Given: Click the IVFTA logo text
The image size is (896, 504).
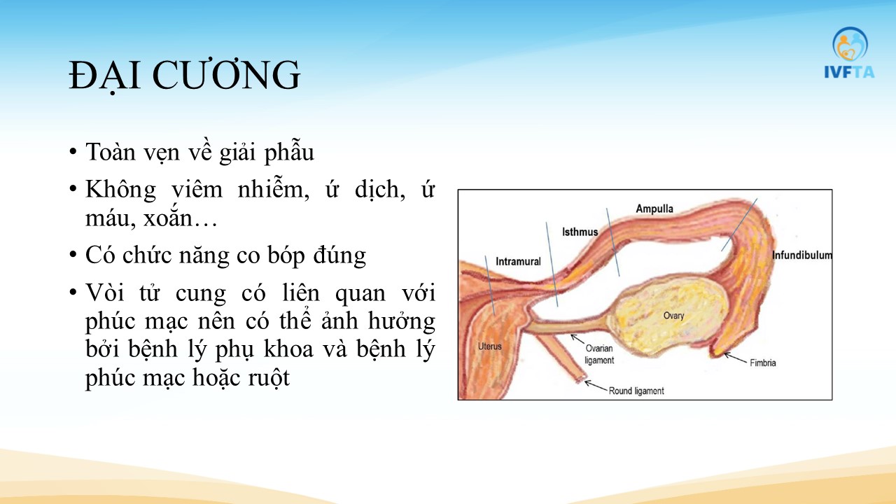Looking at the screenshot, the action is click(x=849, y=72).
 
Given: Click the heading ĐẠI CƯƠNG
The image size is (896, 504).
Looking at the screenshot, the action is click(x=184, y=76).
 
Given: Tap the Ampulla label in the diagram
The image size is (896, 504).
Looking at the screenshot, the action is click(x=654, y=209).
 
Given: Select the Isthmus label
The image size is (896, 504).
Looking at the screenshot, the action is click(x=580, y=232).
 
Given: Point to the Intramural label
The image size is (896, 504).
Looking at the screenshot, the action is click(x=518, y=262).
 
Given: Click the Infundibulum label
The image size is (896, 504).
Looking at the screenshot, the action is click(x=801, y=255).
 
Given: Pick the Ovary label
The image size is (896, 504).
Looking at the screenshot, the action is click(x=673, y=316).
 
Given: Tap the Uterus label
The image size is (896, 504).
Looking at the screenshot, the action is click(x=489, y=346).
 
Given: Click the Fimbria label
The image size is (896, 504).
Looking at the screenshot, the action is click(x=763, y=363).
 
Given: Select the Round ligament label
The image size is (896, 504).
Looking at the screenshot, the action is click(x=636, y=391).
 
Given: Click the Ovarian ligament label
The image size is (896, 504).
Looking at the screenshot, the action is click(x=598, y=354).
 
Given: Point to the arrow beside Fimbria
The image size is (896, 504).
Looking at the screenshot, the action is click(x=735, y=358).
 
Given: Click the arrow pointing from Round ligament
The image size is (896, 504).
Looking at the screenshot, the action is click(x=596, y=386).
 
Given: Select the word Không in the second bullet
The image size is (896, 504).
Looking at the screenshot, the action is click(x=120, y=189).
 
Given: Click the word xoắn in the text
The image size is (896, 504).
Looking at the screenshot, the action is click(x=168, y=218).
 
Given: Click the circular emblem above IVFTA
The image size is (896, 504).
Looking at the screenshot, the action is click(x=850, y=44).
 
